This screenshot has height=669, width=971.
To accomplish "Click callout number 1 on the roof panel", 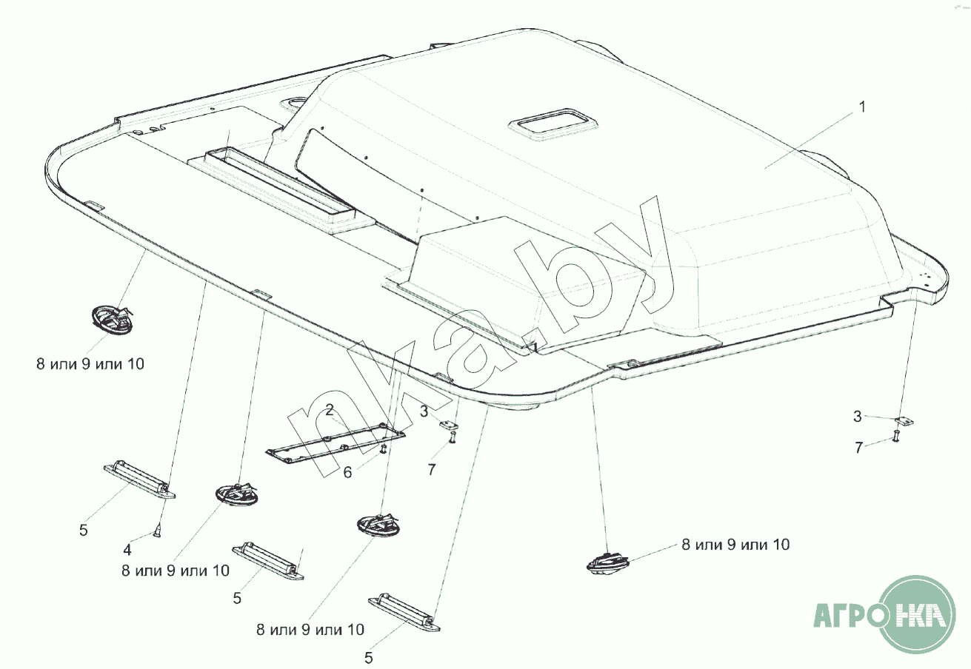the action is [x=861, y=107].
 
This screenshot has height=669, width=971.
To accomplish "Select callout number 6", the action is [x=347, y=472].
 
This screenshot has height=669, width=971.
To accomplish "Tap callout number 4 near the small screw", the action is [x=127, y=550].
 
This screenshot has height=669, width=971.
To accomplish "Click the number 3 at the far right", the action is [x=858, y=417].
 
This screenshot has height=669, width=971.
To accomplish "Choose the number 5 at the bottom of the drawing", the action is [x=369, y=657].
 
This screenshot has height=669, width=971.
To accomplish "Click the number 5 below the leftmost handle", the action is [x=84, y=530].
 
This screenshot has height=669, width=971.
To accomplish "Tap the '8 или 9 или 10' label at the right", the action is [x=735, y=545].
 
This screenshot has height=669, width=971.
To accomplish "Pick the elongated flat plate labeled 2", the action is [x=336, y=444].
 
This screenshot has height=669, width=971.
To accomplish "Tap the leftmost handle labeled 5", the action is [x=139, y=480].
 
